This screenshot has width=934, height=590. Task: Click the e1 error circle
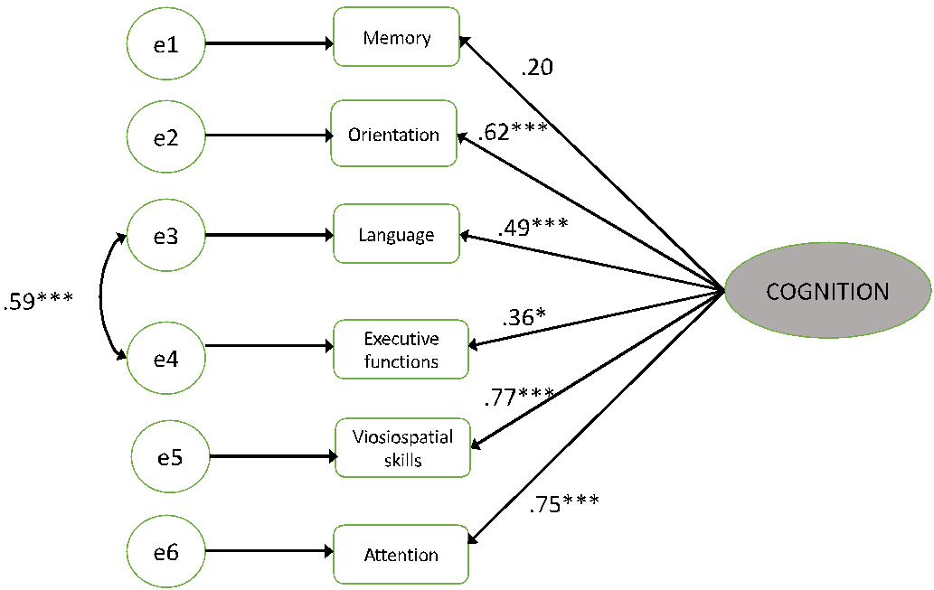166,43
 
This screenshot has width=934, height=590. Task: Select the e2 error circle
166,137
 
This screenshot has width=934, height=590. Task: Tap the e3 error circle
166,237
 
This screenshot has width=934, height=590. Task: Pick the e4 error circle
166,359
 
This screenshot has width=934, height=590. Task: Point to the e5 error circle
170,456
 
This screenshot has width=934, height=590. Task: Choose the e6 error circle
166,551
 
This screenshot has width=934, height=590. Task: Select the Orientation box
393,135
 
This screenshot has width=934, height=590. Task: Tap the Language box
396,235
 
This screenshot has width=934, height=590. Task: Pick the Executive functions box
401,350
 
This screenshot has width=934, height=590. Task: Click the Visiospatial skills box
402,448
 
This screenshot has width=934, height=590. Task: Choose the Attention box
401,555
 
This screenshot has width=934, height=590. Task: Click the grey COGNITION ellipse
827,292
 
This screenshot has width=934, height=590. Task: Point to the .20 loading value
537,67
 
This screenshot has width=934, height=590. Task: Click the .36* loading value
528,318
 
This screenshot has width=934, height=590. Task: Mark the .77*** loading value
519,395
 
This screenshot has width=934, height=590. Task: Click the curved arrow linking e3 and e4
101,298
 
